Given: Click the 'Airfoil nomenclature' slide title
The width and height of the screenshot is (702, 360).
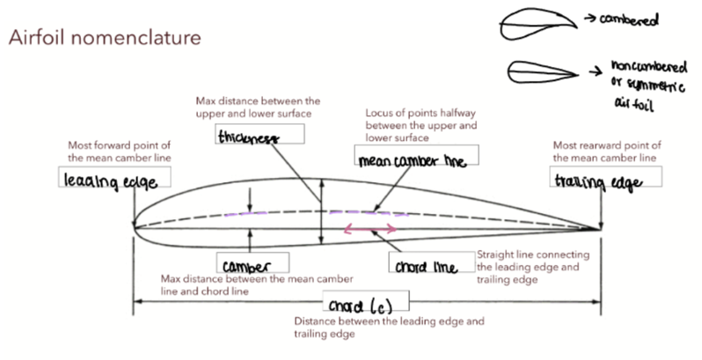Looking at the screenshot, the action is point(104,39).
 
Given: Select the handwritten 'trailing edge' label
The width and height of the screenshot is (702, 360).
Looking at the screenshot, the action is point(595,180).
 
